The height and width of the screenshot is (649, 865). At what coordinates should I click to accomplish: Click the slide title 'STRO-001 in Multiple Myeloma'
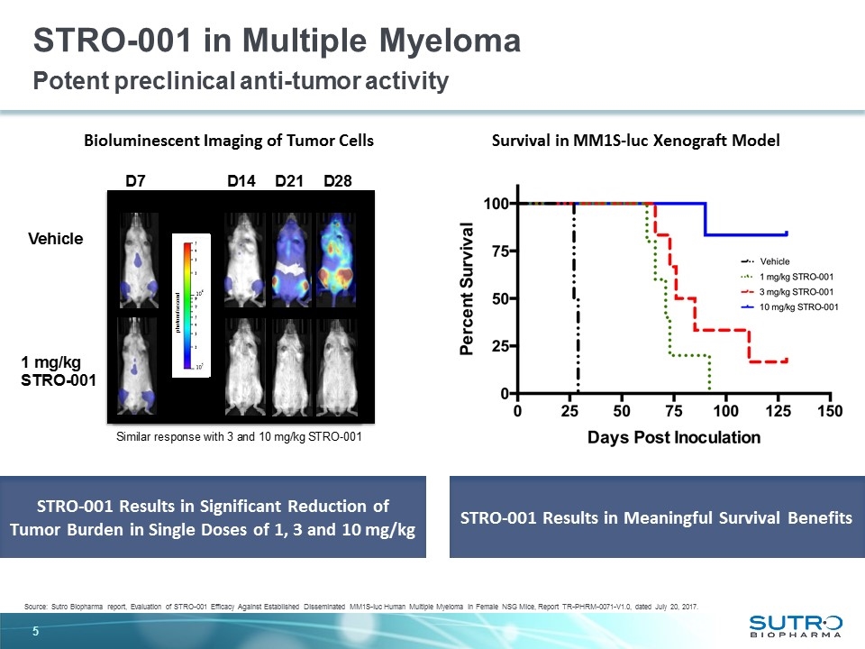click(x=277, y=41)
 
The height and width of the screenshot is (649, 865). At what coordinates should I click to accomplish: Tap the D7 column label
click(x=136, y=182)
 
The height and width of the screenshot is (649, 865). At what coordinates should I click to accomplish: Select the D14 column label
click(x=242, y=182)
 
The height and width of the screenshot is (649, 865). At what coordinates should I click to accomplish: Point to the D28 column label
click(x=337, y=182)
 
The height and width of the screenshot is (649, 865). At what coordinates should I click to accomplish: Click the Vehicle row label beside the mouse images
click(x=56, y=239)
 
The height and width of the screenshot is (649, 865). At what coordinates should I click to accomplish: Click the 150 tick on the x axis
click(x=830, y=411)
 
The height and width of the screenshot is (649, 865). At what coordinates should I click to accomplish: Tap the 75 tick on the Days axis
click(x=673, y=411)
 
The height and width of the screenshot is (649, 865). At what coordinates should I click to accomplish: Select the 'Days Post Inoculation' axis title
click(x=674, y=438)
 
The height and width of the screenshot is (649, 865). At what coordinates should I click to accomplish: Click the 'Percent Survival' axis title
click(x=469, y=288)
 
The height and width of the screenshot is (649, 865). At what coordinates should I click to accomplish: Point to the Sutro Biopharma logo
click(x=795, y=624)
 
